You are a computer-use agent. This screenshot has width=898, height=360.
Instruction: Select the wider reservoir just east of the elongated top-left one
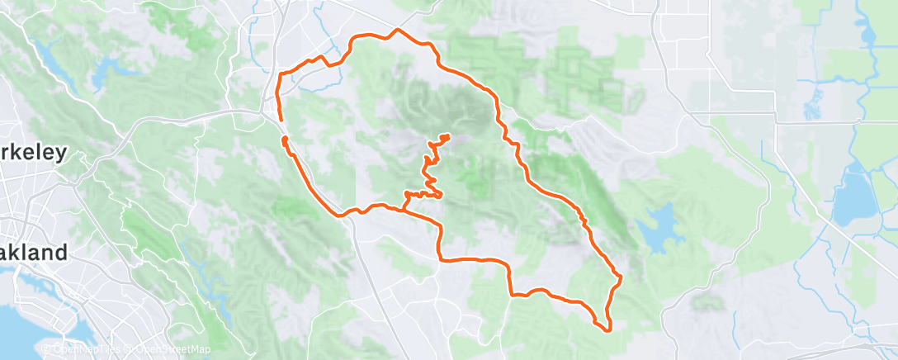103,76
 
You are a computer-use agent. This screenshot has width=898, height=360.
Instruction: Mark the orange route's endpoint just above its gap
281,121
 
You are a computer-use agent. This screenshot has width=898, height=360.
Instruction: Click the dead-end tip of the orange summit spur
448,135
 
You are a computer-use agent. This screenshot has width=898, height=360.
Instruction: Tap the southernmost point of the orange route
608,330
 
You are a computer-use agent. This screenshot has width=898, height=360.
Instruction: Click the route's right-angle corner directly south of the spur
440,259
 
